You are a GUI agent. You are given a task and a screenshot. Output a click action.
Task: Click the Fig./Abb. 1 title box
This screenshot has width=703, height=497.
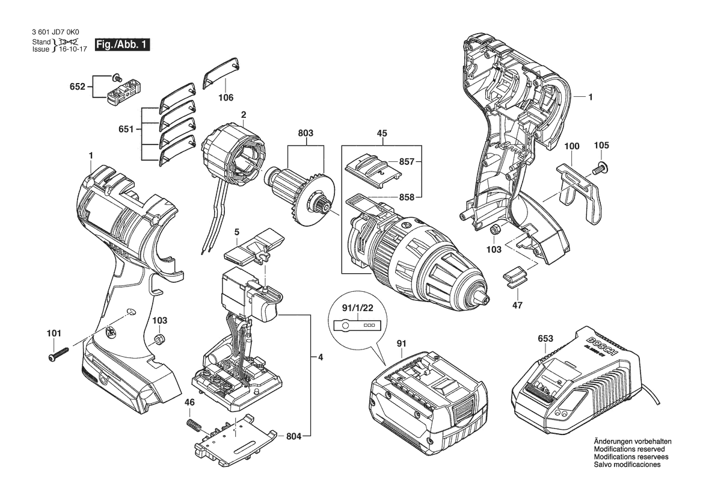(x=122, y=45)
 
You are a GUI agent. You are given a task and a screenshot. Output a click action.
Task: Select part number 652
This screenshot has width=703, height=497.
(x=77, y=86)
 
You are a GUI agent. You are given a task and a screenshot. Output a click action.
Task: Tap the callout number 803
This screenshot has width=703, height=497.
(x=305, y=133)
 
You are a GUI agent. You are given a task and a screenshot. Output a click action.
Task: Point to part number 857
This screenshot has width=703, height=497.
(x=406, y=161)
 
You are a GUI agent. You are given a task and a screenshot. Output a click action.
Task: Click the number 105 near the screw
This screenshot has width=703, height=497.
(x=601, y=146)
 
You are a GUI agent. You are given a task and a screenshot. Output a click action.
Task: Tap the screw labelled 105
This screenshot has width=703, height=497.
(x=600, y=168)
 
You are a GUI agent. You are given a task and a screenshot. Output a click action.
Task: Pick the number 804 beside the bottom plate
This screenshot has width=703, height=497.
(x=293, y=436)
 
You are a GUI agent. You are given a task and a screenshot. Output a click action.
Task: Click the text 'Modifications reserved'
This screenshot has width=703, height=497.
(x=629, y=449)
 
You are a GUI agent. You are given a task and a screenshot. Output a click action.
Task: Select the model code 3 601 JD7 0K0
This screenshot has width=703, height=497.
(x=55, y=32)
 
